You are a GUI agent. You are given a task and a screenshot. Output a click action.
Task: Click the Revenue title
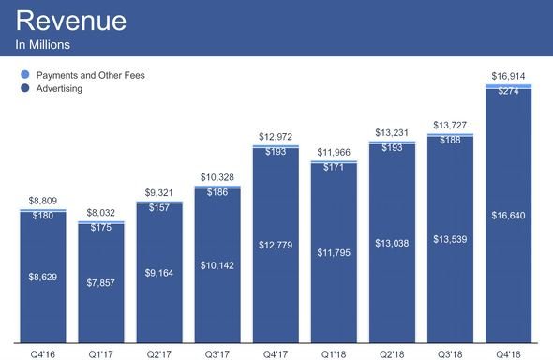pos(71,21)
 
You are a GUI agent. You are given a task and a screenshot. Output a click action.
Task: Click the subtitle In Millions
pos(43,44)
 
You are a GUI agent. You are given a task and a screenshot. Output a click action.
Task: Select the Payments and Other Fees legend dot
pos(25,74)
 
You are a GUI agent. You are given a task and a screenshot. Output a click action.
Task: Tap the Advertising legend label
pos(59,88)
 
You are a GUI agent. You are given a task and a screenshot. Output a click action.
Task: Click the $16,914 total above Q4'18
pos(508,76)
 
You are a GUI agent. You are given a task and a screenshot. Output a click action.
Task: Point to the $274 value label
pos(508,91)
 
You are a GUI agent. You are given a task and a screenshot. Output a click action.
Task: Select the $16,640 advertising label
pos(508,215)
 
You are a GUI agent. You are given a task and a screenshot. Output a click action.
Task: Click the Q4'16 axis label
pos(43,354)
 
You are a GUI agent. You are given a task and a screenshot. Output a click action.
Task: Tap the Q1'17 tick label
pos(101,354)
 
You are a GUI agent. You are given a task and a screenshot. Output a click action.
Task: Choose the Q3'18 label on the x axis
pos(450,354)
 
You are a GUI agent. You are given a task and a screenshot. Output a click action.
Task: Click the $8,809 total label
pos(43,201)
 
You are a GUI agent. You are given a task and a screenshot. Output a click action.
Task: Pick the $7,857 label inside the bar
pos(101,282)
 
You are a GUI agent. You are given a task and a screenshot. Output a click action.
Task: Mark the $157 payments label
pos(159,207)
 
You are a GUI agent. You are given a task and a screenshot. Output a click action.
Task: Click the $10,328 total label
pos(217,177)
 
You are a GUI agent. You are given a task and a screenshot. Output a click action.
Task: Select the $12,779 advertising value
pos(276,245)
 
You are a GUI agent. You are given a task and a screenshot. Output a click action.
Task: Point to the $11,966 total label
pos(334,152)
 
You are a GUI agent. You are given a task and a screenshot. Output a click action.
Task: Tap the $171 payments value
pos(334,167)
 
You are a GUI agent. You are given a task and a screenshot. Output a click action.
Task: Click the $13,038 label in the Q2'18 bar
pos(392,243)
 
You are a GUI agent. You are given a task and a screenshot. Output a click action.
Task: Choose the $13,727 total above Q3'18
pos(450,125)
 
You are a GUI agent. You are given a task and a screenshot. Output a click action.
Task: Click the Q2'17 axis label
pos(159,354)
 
